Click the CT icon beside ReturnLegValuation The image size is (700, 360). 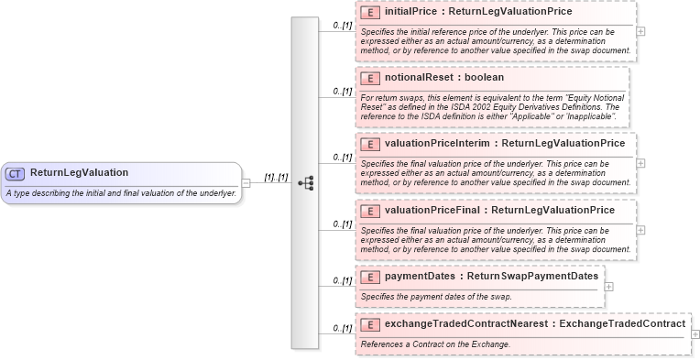(15, 173)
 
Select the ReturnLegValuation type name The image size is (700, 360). (79, 173)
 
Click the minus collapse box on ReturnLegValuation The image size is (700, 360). (246, 182)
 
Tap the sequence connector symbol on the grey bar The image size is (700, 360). (305, 182)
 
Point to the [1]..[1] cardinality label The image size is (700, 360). (276, 177)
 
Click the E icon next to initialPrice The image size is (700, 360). (371, 13)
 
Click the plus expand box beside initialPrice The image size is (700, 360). (640, 31)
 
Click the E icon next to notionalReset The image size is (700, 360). (371, 78)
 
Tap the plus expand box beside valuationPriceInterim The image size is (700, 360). (640, 163)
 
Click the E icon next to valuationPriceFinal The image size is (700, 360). (371, 211)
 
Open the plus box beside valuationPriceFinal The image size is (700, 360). (640, 229)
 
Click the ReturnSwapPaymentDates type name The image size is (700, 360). (532, 277)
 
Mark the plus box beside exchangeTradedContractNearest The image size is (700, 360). (695, 334)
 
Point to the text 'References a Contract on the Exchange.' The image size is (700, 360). (435, 344)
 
